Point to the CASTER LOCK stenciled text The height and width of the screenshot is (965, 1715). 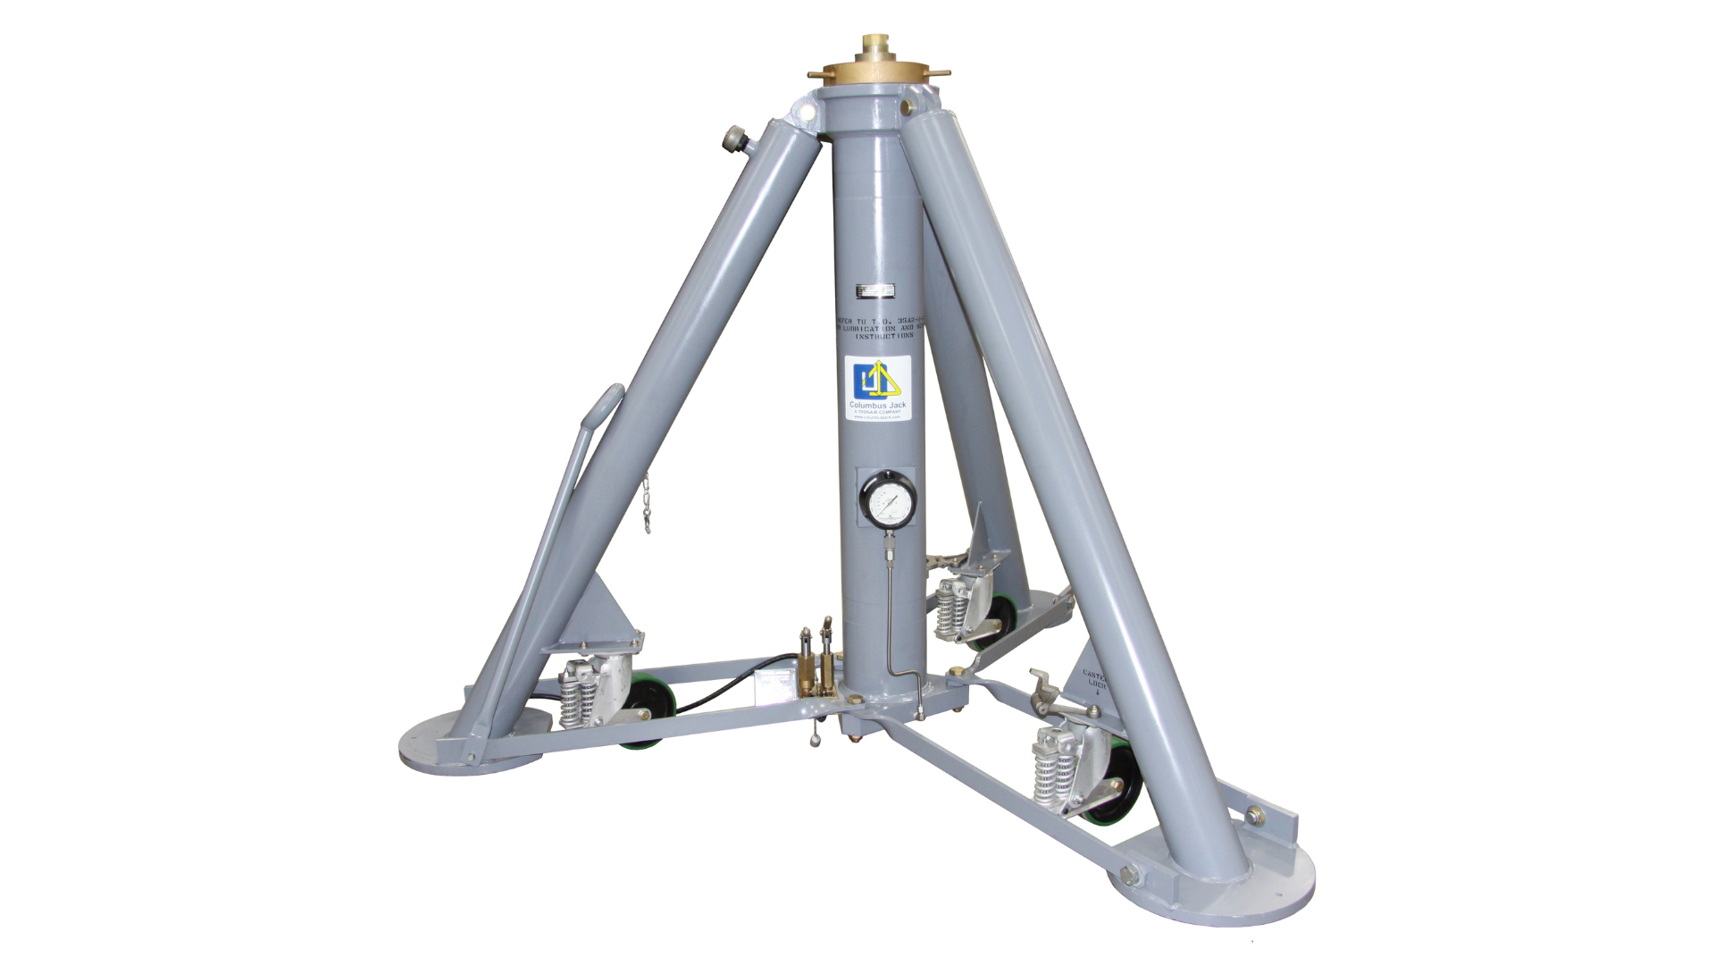point(1095,681)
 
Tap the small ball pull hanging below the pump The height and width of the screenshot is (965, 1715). point(816,738)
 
